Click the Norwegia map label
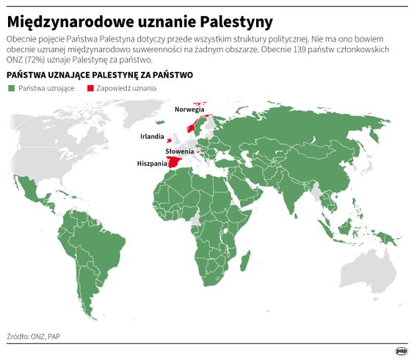click(189, 109)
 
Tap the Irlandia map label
click(152, 137)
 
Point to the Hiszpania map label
click(149, 164)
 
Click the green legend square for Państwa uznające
click(11, 88)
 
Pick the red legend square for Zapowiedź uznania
click(90, 88)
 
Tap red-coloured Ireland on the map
click(169, 140)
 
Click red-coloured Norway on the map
click(193, 126)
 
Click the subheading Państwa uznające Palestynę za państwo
click(99, 75)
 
